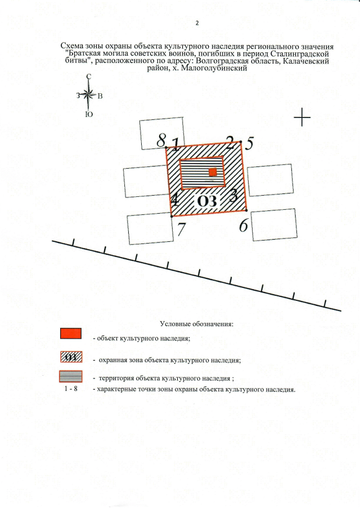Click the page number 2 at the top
coord(197,23)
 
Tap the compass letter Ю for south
coord(89,114)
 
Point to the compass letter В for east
coord(100,96)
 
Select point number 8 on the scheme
coord(162,139)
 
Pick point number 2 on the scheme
coord(230,140)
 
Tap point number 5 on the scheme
coord(249,143)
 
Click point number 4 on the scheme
coord(175,199)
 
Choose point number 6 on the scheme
coord(244,226)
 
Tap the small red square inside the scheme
coord(213,173)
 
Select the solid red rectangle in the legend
coord(71,334)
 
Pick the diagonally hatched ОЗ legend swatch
coord(71,357)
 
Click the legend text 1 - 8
coord(71,389)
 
